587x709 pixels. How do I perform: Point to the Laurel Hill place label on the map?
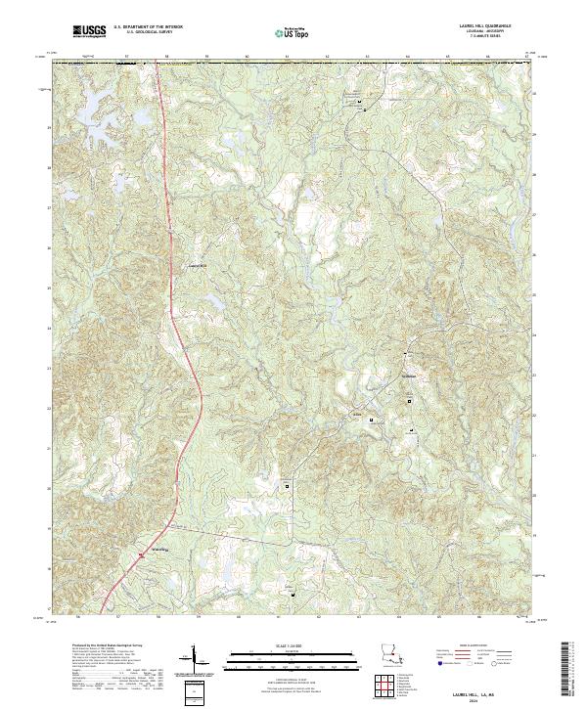[198, 266]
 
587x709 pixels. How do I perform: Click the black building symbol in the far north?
[359, 102]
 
